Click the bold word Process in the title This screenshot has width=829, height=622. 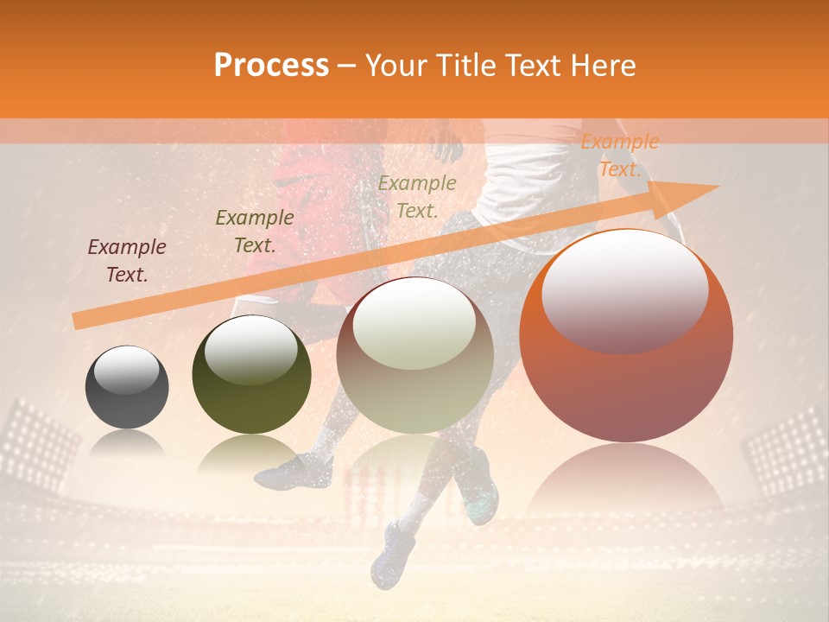coord(271,66)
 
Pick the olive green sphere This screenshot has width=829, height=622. coord(251,375)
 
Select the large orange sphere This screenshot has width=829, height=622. coord(626,337)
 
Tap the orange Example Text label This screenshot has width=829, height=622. coord(619,155)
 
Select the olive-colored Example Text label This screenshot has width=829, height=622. coord(254,232)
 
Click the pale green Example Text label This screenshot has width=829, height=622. coord(417,196)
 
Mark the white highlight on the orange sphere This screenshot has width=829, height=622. coord(625,291)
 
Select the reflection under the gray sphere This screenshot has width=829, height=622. coord(127,445)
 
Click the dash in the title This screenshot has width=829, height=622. coord(347,66)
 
